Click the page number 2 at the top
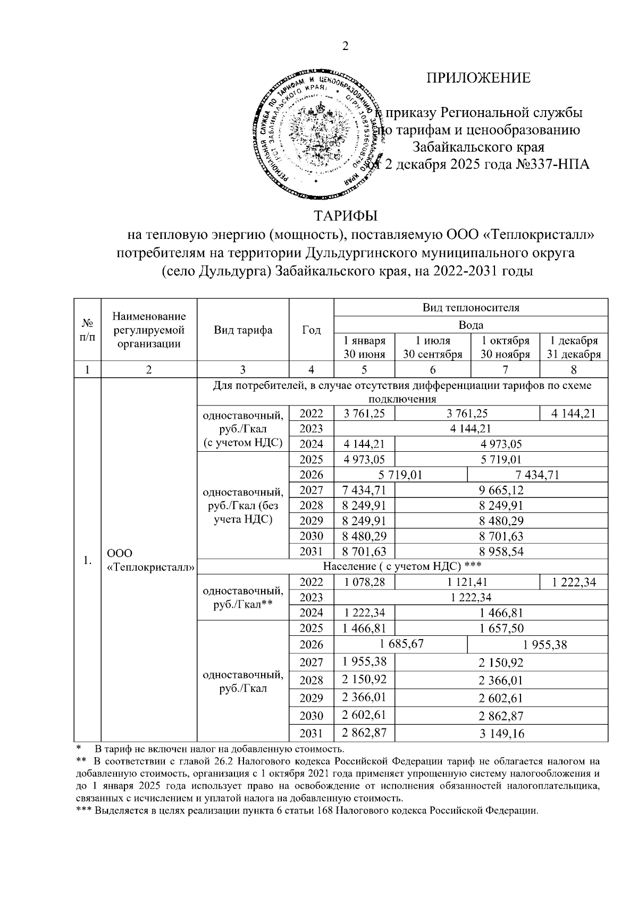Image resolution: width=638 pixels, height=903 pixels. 345,47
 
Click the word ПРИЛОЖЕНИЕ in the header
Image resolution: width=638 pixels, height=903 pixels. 478,78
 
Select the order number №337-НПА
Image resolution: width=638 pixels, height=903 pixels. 553,164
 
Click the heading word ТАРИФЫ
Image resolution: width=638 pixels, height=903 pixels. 345,217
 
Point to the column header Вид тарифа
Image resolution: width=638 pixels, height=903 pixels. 243,330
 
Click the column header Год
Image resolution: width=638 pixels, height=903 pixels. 311,330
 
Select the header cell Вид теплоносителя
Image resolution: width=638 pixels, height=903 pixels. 471,308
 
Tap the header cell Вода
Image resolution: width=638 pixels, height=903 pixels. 471,325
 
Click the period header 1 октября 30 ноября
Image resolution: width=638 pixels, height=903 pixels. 505,347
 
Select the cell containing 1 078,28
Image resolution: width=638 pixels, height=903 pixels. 364,582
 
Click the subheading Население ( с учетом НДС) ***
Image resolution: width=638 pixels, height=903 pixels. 402,566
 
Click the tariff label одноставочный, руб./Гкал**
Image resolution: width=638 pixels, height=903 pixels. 242,598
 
